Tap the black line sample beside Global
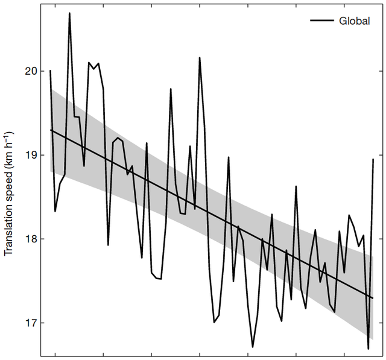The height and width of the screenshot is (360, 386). (323, 21)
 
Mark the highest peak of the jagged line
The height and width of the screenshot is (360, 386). (69, 13)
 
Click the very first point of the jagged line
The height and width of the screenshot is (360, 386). (50, 71)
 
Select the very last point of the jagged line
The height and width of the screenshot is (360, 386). (373, 159)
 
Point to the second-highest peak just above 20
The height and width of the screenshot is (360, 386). (200, 58)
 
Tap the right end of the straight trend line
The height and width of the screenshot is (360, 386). (373, 298)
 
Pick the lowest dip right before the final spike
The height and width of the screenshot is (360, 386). (368, 349)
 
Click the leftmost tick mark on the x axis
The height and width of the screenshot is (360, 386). (55, 354)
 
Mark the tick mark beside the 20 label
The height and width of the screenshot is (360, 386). (43, 71)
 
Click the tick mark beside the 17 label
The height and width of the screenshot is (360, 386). (43, 323)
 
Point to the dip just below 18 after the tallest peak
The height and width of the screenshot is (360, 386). (108, 245)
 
